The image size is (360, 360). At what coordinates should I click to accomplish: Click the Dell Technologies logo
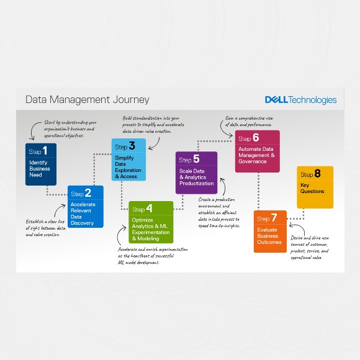coord(300,100)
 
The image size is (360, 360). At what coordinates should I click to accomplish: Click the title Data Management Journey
coord(87,99)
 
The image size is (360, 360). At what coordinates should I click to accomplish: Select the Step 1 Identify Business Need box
coord(41,164)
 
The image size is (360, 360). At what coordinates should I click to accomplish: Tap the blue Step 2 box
coord(86,206)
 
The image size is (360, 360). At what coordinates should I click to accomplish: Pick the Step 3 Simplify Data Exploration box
coord(128,160)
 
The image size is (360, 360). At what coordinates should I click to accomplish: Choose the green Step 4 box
coord(151,222)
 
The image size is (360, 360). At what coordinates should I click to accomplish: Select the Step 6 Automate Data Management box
coord(258,151)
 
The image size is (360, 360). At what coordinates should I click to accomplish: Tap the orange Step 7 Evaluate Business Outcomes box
coord(270,232)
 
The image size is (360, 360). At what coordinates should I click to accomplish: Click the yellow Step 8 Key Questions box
coord(315,187)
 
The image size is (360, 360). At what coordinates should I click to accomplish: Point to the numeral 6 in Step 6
coord(256,138)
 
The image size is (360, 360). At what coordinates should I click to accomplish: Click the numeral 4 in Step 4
coord(149,209)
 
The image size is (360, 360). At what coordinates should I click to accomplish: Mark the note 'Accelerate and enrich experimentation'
coord(147,256)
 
